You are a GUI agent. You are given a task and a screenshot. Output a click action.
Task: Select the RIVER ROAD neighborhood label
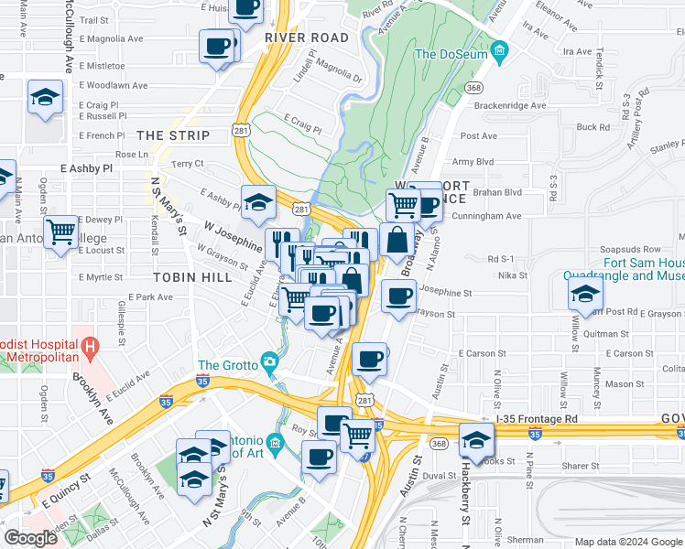(307, 38)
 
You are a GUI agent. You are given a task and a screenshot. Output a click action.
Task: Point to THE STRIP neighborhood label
(173, 135)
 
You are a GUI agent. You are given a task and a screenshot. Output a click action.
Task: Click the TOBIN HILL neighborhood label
(183, 275)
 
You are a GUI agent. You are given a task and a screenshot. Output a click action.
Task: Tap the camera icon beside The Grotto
(268, 362)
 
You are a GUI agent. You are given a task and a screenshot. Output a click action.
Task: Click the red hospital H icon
(90, 347)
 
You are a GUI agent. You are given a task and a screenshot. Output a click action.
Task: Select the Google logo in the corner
(30, 537)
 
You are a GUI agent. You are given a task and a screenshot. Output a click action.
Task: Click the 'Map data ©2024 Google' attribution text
(626, 542)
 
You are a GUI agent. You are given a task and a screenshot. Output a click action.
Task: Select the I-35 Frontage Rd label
(537, 418)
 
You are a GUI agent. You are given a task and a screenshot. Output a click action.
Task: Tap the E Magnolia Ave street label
(112, 39)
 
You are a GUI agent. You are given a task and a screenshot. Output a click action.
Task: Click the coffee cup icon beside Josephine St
(398, 296)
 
